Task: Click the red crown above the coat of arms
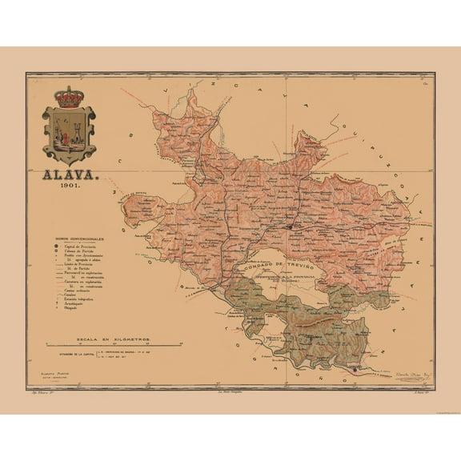point(74,98)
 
